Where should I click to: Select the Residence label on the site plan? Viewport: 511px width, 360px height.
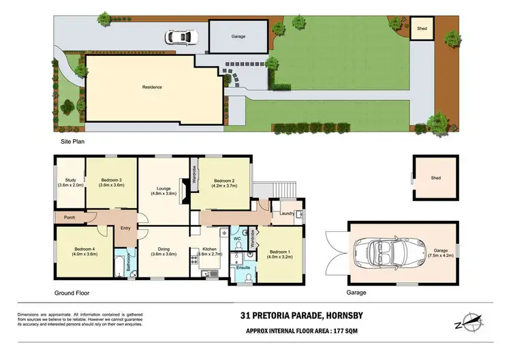point(151,87)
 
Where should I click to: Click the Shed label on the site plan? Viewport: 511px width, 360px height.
point(421,29)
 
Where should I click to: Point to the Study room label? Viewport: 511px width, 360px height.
point(69,183)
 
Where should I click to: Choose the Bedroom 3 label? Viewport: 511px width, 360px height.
point(110,183)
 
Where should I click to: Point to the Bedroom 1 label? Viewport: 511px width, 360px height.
point(278,254)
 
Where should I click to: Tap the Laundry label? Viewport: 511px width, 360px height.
point(287,213)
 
